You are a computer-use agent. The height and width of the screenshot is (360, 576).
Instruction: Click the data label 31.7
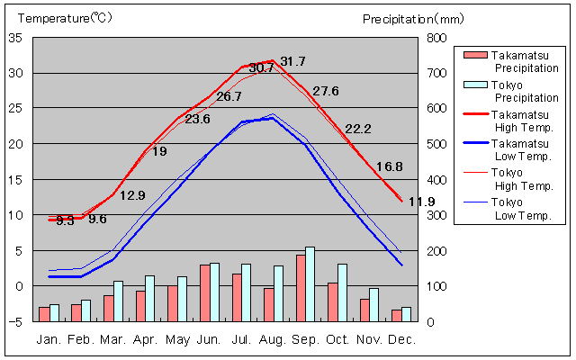click(292, 61)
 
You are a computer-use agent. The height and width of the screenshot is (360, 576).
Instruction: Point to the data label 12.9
click(132, 195)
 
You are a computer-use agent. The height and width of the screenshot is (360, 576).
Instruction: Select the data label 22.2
click(357, 129)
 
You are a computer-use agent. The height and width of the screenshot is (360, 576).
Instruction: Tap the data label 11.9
click(421, 202)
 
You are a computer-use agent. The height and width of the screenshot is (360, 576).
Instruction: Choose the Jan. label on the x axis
click(49, 339)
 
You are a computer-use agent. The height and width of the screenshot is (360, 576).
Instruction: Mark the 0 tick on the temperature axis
click(20, 286)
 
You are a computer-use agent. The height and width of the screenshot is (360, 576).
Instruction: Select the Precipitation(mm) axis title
click(412, 18)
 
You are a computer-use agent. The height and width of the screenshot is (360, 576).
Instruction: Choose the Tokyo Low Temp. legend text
click(525, 209)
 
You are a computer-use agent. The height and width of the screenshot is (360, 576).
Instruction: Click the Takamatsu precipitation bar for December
click(397, 315)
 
